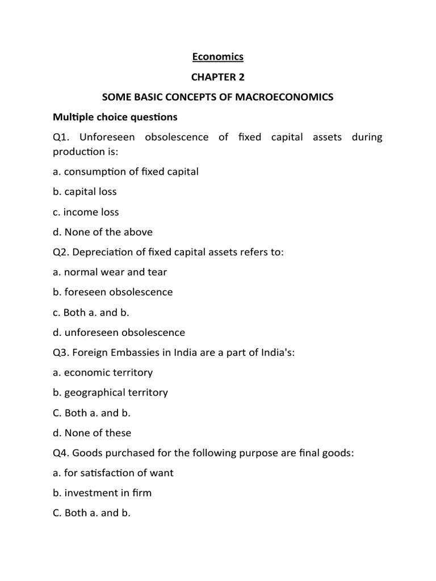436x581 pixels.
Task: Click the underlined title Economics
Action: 217,57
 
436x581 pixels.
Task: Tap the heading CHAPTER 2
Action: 217,77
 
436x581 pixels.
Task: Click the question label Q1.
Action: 62,137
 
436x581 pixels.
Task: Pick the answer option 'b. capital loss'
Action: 85,192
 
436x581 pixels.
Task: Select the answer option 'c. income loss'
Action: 86,212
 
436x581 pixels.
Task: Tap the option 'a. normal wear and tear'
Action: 110,272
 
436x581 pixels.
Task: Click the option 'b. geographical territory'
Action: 110,393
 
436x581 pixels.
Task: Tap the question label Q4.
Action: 62,453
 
